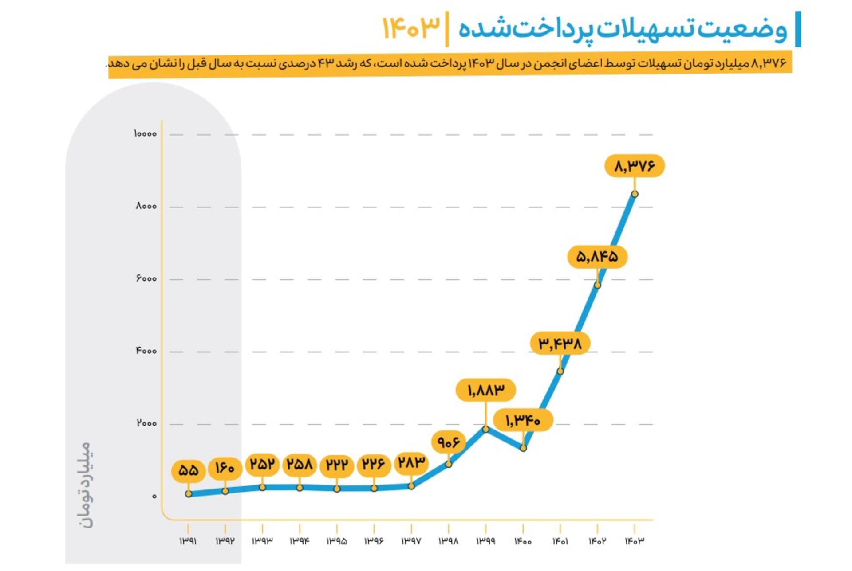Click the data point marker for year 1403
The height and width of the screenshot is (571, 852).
[x=635, y=194]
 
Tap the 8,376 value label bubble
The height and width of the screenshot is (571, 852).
[x=635, y=166]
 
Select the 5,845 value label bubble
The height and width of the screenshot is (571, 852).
[x=597, y=257]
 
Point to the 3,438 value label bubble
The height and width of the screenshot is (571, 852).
[x=560, y=343]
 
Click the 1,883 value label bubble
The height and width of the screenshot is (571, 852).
[x=486, y=390]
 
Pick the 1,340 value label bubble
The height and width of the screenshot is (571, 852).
[x=523, y=420]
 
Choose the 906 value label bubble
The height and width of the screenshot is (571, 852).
[x=449, y=442]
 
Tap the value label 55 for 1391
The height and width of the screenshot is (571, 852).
[x=188, y=470]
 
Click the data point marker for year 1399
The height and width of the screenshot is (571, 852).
[x=486, y=429]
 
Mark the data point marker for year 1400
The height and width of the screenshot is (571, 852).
[x=523, y=448]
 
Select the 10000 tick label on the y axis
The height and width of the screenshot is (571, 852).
[x=145, y=133]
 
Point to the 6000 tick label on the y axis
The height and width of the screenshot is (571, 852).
[x=146, y=278]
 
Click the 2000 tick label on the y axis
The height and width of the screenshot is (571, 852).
[x=146, y=423]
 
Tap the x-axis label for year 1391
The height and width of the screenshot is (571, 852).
[x=188, y=541]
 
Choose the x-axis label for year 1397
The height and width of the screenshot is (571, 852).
[x=411, y=541]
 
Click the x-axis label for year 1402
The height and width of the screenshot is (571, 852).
[x=597, y=541]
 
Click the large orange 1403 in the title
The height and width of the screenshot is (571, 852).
[x=411, y=27]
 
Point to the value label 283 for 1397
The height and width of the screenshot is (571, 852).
[x=411, y=463]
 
